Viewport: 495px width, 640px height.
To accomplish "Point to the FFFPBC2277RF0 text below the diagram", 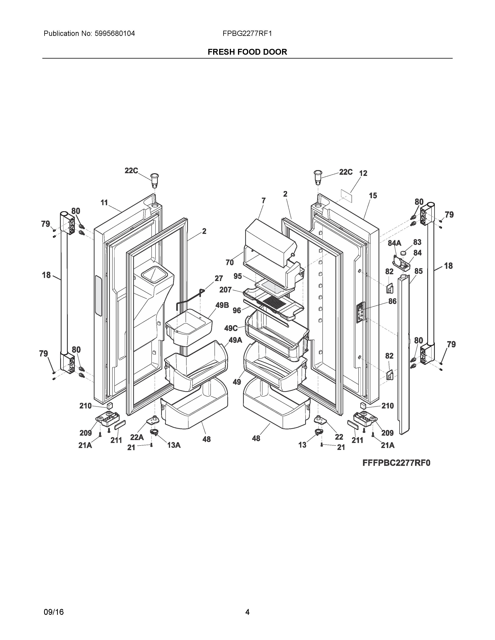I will (396, 463).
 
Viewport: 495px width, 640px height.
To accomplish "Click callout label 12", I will (363, 173).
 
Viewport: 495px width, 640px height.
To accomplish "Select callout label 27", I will (218, 278).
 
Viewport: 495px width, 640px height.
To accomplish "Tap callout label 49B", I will (222, 305).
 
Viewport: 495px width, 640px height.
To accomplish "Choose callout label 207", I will (226, 290).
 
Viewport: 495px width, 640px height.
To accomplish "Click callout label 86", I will (392, 301).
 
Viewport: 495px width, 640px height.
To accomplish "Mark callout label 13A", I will (174, 445).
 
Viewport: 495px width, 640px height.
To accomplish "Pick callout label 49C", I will (231, 328).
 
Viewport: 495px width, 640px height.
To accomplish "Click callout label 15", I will (373, 195).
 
